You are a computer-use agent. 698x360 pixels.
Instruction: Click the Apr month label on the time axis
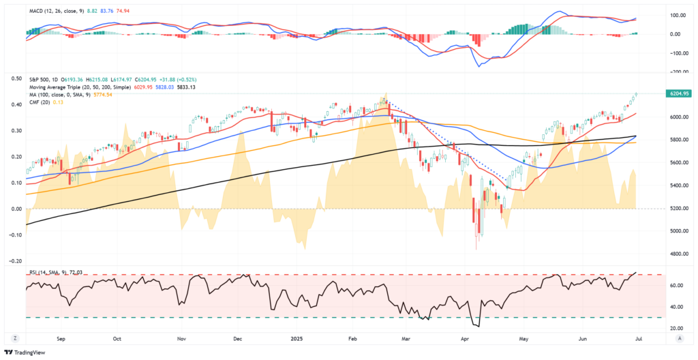point(465,337)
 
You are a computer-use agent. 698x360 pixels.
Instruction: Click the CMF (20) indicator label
point(40,102)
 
